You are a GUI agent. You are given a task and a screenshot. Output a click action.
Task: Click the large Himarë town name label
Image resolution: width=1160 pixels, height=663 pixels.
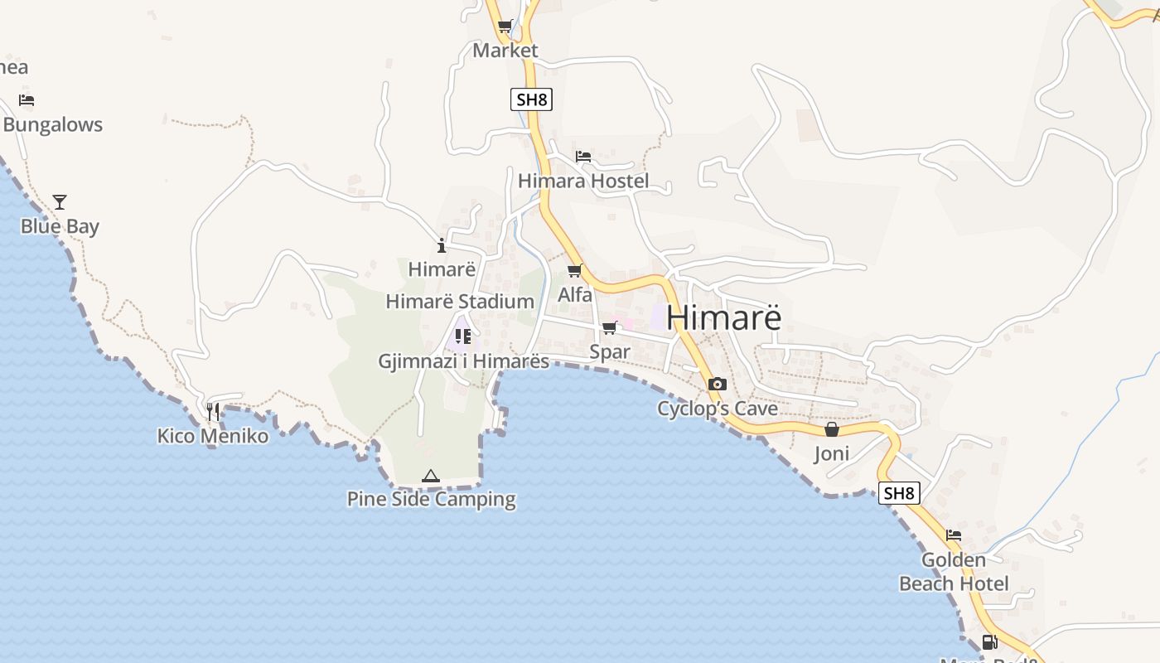(x=723, y=317)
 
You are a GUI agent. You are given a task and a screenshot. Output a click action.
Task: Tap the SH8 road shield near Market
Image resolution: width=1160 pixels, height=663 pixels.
(x=531, y=100)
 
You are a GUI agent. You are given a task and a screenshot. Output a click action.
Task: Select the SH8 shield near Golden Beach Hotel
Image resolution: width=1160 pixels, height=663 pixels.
(x=899, y=493)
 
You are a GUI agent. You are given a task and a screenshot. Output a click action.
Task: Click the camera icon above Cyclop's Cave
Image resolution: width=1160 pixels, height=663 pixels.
(x=718, y=384)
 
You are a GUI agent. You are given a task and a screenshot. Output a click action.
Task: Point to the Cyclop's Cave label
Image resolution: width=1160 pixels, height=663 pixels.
(x=718, y=409)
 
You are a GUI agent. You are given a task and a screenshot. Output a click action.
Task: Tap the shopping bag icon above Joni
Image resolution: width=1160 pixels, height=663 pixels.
(x=832, y=429)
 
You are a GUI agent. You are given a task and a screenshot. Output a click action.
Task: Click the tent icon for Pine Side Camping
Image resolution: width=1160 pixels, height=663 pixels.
(x=430, y=476)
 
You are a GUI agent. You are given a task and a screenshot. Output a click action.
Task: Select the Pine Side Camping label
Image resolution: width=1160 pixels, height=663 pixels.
(x=431, y=499)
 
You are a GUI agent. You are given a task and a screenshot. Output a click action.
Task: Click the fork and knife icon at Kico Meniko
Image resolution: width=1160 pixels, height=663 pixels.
(x=213, y=411)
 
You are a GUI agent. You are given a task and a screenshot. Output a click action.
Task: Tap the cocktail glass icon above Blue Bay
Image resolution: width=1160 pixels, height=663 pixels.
(x=60, y=201)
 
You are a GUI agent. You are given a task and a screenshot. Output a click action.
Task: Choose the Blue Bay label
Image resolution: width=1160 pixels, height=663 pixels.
(x=60, y=226)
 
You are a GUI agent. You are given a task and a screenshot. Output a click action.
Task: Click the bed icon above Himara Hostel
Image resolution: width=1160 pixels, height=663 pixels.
(x=583, y=156)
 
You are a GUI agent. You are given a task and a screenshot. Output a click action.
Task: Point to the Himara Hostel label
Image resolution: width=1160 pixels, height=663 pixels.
(x=583, y=181)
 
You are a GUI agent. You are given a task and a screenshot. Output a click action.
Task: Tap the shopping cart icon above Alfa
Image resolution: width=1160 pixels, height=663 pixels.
(x=574, y=271)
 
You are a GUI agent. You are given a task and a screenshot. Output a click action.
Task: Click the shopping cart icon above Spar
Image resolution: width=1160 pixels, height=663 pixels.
(x=610, y=328)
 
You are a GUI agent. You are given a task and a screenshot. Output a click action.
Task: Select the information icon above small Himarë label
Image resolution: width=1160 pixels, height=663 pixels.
(x=441, y=245)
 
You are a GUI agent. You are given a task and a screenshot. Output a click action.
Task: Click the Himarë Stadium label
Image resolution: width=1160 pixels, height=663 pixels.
(x=460, y=302)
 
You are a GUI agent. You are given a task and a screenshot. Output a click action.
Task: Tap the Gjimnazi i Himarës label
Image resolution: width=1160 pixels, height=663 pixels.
(x=463, y=361)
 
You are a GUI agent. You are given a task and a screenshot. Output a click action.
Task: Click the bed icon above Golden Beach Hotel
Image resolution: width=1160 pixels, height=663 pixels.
(x=954, y=535)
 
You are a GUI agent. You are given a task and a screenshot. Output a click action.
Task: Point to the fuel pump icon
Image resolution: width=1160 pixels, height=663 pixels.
(x=988, y=641)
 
